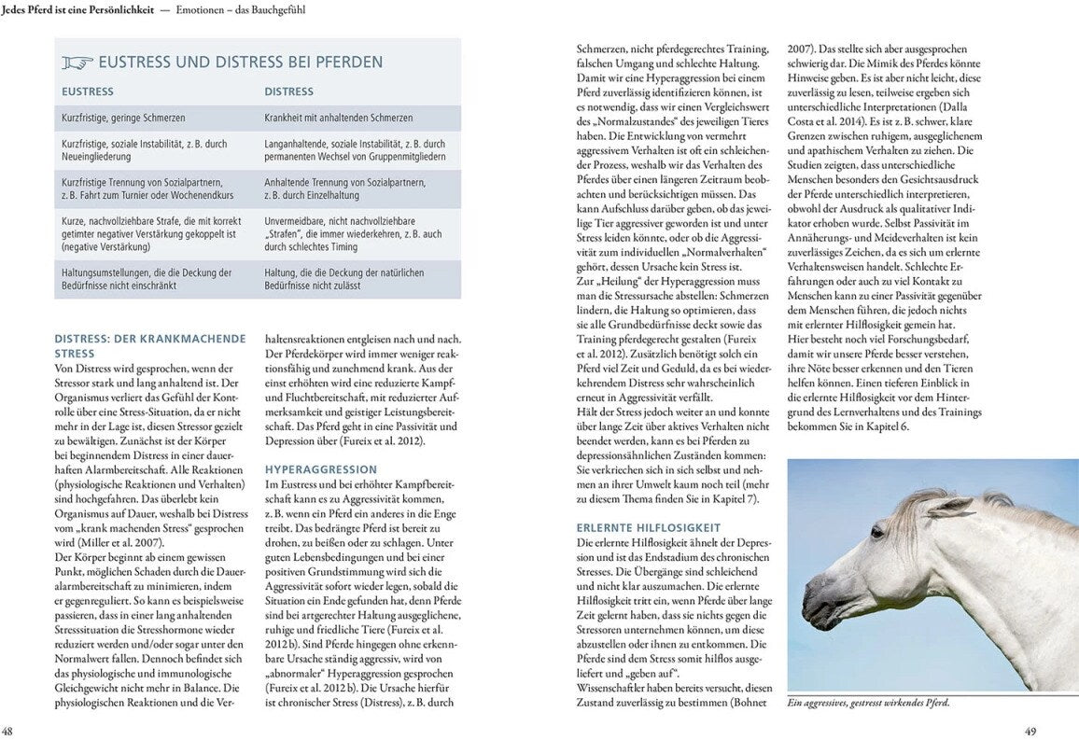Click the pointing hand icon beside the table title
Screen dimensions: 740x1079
[77, 63]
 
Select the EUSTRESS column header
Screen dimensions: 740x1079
[88, 91]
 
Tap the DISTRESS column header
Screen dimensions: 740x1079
[288, 91]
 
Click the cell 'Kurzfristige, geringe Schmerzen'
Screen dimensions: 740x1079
[123, 119]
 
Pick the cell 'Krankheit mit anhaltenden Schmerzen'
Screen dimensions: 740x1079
[338, 119]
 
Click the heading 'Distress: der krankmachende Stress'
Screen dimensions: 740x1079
[149, 346]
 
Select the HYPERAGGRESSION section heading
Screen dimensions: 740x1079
[321, 469]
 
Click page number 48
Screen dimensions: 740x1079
[7, 731]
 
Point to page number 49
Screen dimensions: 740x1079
[1030, 731]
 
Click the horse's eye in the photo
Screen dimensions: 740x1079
[876, 533]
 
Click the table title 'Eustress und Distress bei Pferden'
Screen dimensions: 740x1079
[241, 63]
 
